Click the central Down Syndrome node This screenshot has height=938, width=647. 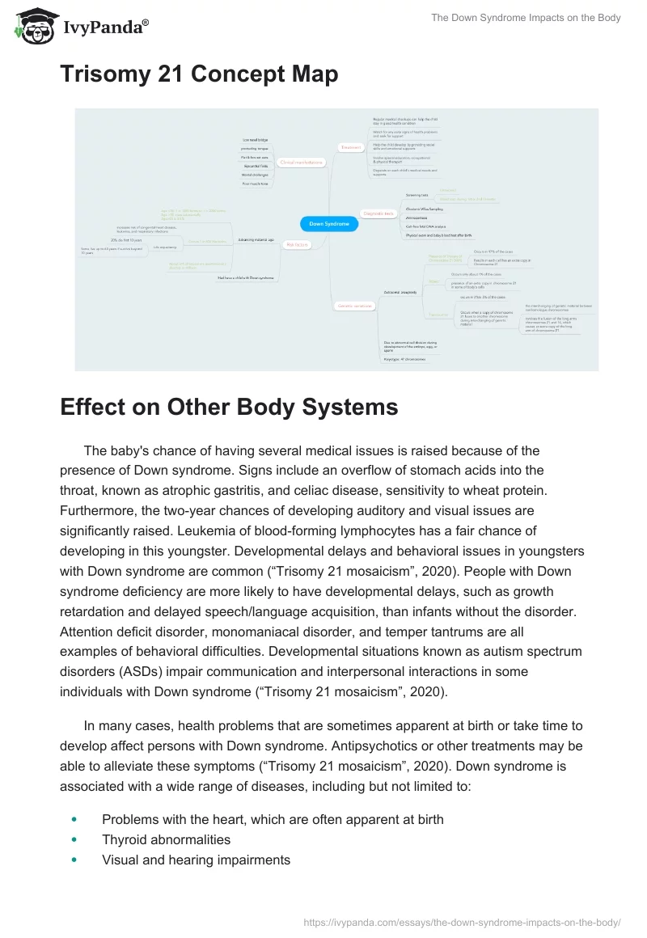coord(328,224)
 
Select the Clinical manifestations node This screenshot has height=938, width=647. coord(301,163)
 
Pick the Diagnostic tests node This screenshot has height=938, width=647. coord(378,213)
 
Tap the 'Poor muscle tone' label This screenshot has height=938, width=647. coord(256,184)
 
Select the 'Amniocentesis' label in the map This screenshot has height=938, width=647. coord(417,218)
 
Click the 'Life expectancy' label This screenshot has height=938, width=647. coord(164,247)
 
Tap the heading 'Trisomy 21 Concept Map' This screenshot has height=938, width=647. coord(199,75)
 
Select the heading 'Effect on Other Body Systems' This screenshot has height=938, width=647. coord(229,407)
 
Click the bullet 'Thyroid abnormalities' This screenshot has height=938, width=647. coord(166,839)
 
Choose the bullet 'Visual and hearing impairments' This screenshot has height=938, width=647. coord(196,860)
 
